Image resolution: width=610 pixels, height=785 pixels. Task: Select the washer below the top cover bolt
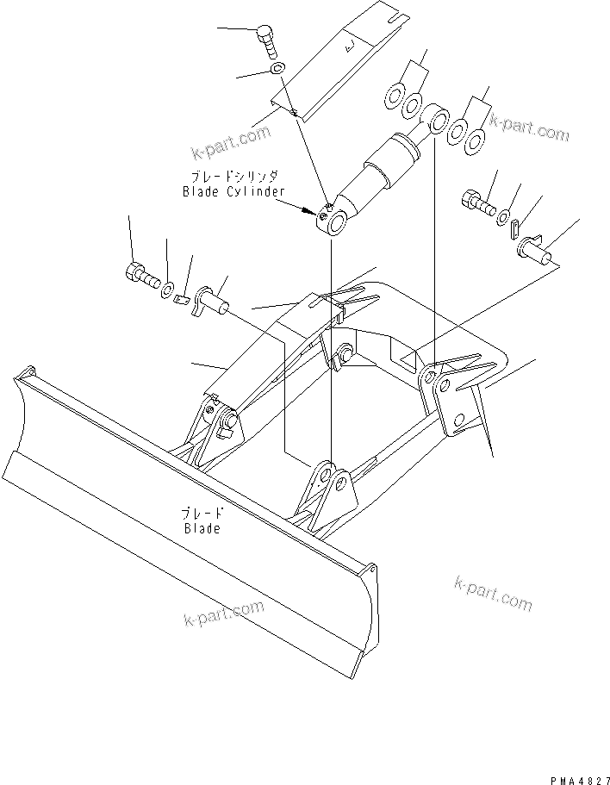[x=276, y=67]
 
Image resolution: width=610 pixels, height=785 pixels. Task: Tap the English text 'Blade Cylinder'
[x=233, y=191]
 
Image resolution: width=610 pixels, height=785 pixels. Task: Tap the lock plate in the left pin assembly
[x=181, y=299]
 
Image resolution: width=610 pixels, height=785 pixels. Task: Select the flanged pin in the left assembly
[x=213, y=302]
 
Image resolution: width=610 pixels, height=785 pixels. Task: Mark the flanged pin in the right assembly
[x=535, y=249]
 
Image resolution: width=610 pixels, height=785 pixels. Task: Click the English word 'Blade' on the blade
[x=201, y=528]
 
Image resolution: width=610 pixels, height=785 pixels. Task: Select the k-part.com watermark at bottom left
[x=222, y=614]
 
